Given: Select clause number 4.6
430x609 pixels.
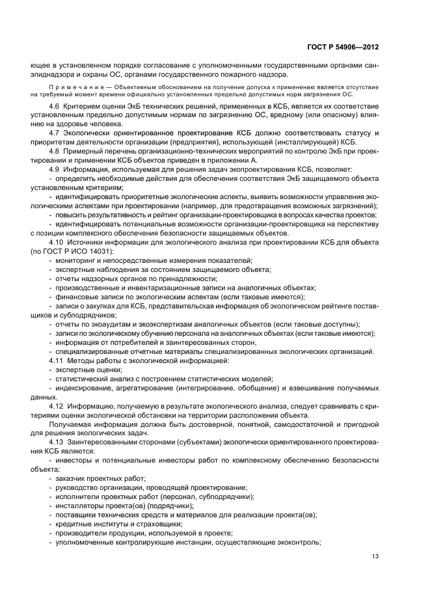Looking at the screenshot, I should tap(55, 106).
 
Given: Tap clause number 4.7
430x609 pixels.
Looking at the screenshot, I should tap(55, 133).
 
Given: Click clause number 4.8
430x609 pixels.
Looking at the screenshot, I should tap(55, 152).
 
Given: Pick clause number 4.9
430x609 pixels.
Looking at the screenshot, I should tap(55, 169).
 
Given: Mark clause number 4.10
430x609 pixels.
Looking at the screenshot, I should tap(57, 241).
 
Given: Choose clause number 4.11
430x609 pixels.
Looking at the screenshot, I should tap(57, 360).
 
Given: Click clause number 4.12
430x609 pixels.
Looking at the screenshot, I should tap(57, 405).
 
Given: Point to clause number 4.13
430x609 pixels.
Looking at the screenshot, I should tap(57, 442).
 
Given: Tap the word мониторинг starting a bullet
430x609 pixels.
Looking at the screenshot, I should tap(75, 260).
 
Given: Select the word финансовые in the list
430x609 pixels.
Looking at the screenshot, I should tap(75, 296).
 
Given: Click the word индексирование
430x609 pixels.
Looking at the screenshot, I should tap(85, 387).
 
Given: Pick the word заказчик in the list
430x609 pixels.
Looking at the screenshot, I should tap(70, 478).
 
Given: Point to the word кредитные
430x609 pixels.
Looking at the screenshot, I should tap(74, 524).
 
